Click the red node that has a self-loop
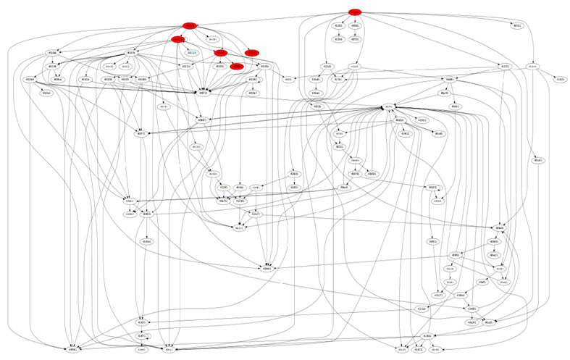coord(178,39)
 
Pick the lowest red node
coord(235,66)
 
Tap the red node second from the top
coord(190,26)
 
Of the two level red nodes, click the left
coord(222,53)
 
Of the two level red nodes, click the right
coord(251,53)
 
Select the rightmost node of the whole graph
coord(560,79)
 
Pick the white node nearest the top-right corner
coord(517,25)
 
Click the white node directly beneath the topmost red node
coord(355,25)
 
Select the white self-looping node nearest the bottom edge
coord(143,336)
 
